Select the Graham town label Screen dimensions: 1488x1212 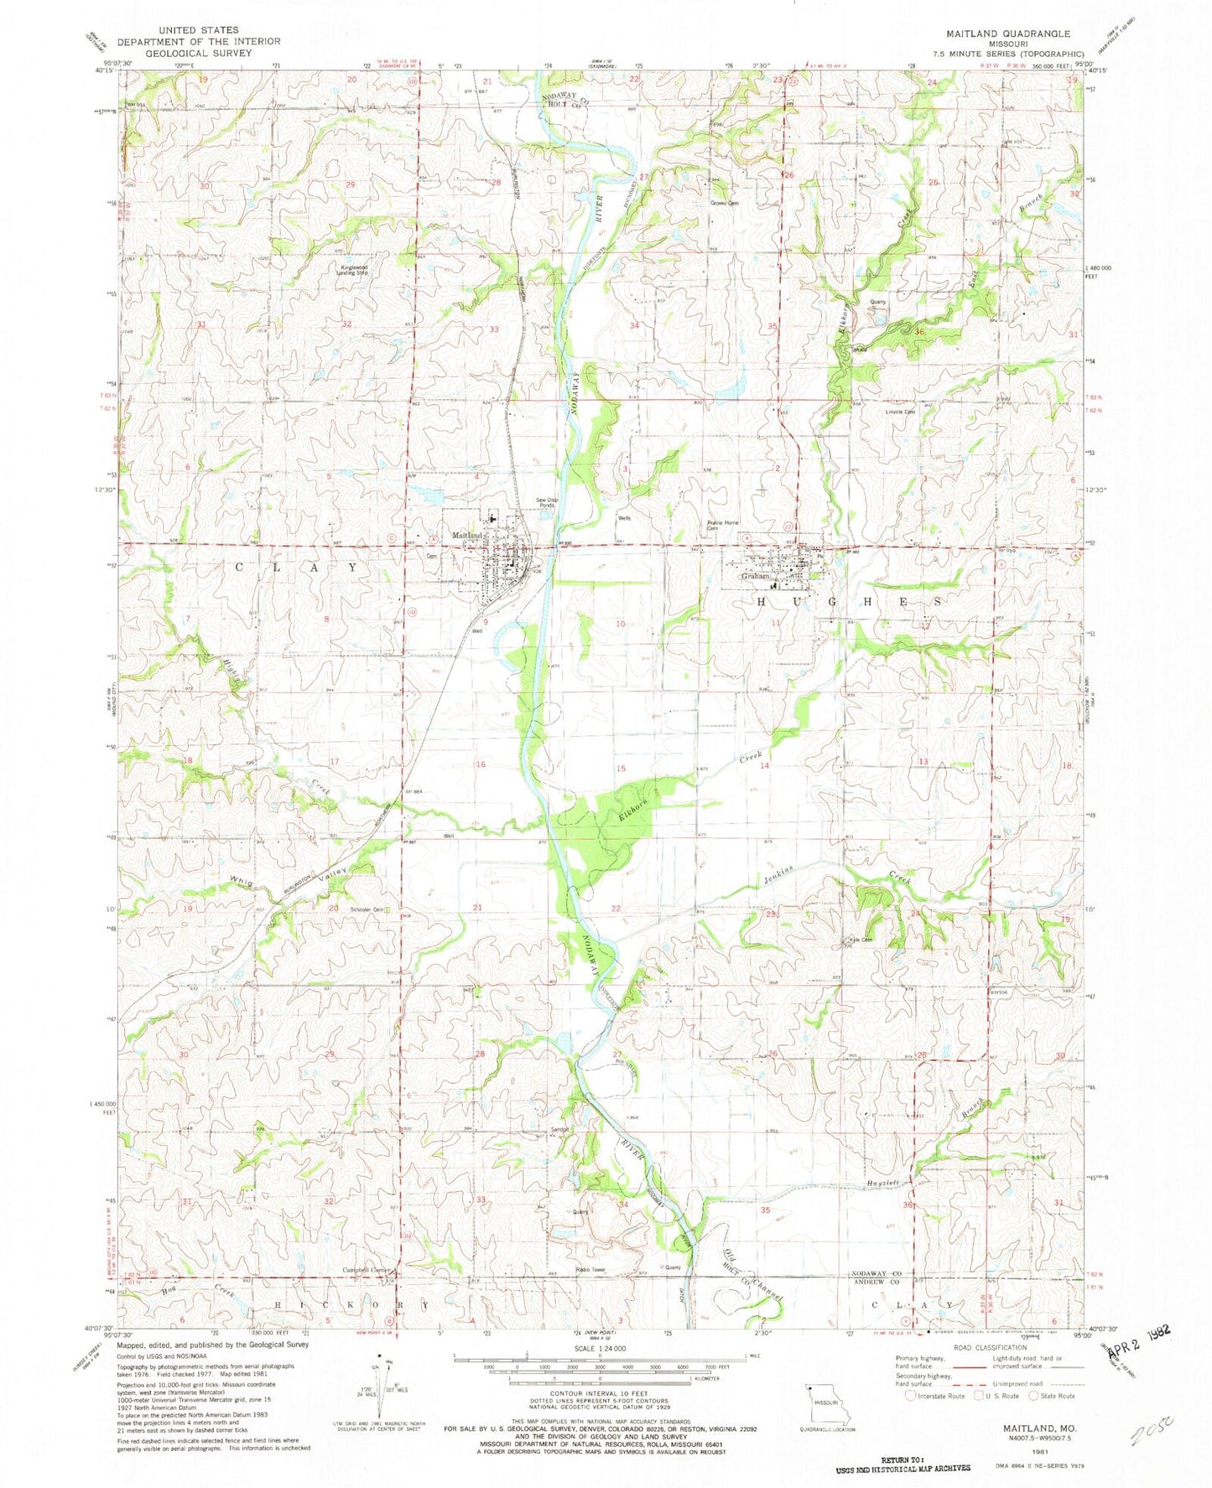pos(755,577)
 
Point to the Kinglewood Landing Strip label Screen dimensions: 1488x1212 pos(352,270)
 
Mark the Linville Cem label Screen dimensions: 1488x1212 pos(899,412)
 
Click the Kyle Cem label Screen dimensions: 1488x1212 pos(861,939)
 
